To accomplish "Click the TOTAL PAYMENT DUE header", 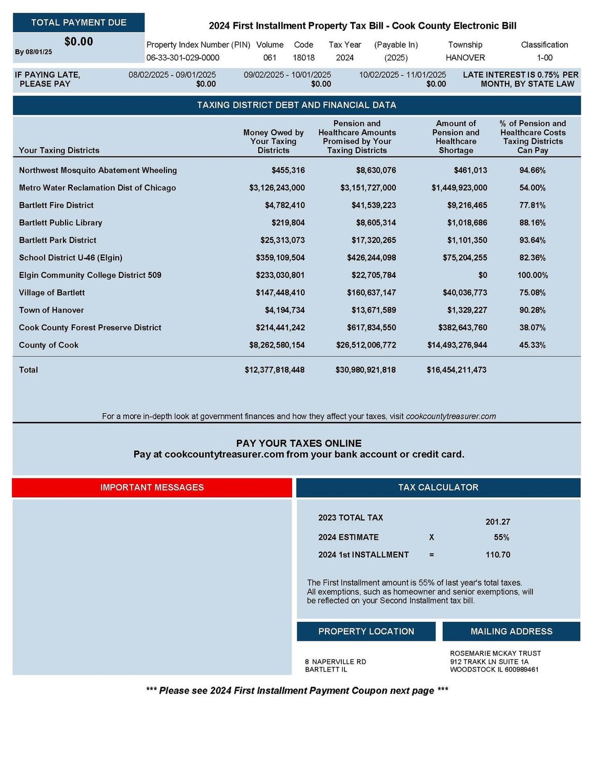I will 78,23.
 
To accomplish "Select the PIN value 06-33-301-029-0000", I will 183,58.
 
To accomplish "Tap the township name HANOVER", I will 465,58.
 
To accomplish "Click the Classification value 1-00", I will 544,58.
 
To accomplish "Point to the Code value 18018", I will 303,58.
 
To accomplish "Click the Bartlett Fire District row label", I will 56,205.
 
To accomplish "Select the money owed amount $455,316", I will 288,170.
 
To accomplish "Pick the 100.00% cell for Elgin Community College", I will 532,275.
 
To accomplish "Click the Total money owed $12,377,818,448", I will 274,370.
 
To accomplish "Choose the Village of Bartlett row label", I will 52,293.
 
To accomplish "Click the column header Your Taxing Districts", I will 59,150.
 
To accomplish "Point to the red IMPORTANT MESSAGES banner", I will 152,488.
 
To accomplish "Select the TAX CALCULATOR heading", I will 438,488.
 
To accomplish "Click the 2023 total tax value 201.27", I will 498,522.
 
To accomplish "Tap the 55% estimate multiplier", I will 501,537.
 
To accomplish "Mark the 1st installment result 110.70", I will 498,555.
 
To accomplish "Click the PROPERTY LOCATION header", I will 366,632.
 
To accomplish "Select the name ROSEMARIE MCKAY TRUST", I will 495,654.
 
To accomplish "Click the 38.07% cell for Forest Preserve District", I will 532,328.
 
